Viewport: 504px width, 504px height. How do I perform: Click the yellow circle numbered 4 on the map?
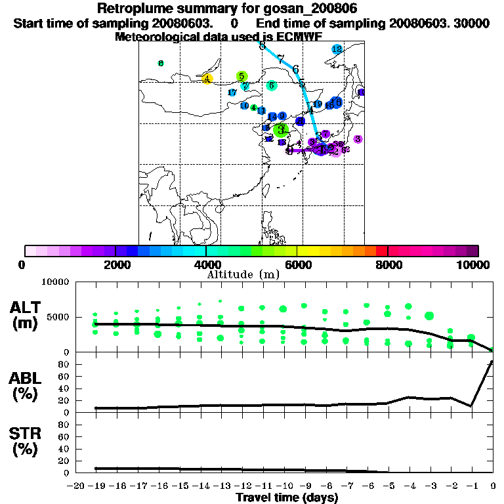[207, 79]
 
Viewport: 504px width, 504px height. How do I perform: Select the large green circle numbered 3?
[281, 130]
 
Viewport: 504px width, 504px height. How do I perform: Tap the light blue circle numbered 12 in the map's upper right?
[337, 49]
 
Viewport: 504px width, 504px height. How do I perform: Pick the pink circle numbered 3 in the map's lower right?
[358, 139]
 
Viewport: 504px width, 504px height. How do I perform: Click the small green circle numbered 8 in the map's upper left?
[161, 63]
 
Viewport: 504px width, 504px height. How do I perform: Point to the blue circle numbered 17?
[232, 93]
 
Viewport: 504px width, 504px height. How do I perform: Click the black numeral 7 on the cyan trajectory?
[280, 59]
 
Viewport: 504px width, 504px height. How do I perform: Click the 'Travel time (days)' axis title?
[287, 497]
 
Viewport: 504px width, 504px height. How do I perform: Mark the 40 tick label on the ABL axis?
[65, 388]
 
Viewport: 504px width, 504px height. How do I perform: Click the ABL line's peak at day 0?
[492, 362]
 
